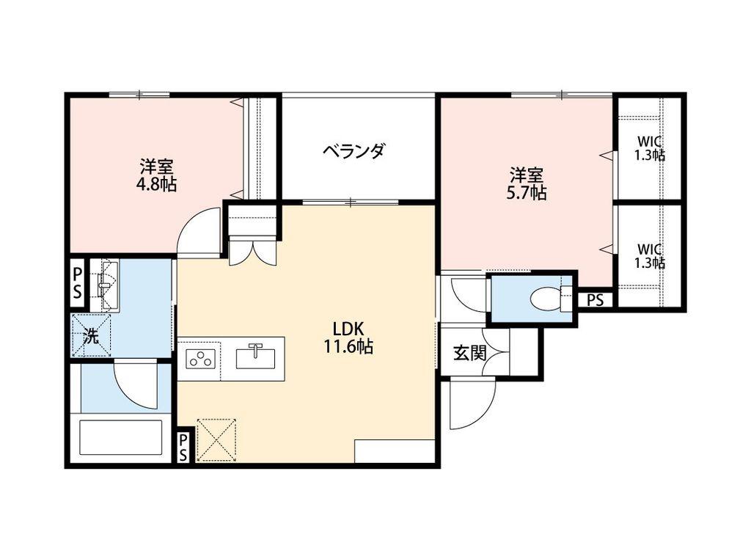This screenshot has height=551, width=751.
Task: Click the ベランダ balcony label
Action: point(353,151)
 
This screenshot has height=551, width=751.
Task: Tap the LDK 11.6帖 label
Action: point(348,337)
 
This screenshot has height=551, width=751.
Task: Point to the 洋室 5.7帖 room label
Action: point(527,183)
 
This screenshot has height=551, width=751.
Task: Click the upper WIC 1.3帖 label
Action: point(650,148)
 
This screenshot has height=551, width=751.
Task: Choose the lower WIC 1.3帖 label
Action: point(650,256)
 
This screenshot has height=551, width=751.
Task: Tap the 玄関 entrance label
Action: point(469,353)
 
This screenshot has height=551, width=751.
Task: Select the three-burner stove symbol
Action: point(200,358)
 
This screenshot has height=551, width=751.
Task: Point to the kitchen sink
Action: point(256,357)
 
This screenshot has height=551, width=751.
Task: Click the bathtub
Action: point(120,438)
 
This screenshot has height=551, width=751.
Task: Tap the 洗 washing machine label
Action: point(91,336)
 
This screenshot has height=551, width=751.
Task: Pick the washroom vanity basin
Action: point(105,285)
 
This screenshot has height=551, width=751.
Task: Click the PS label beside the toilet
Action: point(595,300)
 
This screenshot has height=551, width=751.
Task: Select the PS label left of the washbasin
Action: point(77,282)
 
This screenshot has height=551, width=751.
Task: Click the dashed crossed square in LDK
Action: point(217,439)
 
